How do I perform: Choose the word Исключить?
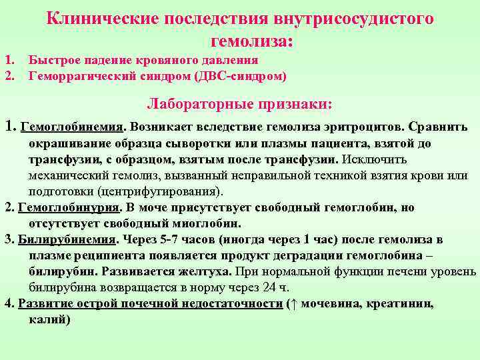pyautogui.click(x=374, y=160)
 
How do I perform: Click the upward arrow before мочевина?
pyautogui.click(x=293, y=304)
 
